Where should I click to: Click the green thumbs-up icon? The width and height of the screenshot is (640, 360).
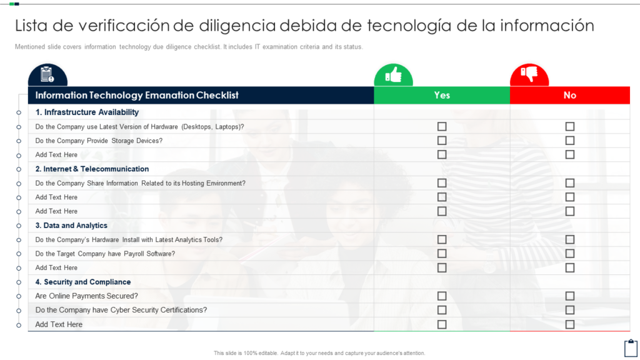coord(394,75)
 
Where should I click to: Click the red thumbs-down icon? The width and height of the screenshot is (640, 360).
coord(529,74)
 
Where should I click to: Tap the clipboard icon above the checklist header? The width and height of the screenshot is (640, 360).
coord(47,75)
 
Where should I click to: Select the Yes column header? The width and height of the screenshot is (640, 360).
coord(442,95)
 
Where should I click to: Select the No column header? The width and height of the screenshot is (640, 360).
coord(570,95)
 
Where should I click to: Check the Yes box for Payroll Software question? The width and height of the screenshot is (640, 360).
coord(442,254)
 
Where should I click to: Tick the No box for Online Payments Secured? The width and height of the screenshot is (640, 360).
coord(570,296)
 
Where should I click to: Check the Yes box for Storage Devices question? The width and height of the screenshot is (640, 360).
coord(442,141)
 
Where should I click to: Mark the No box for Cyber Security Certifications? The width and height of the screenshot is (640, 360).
coord(570,310)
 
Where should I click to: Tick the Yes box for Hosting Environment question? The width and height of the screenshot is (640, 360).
coord(442,183)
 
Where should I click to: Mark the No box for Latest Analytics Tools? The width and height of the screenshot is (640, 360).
coord(570,239)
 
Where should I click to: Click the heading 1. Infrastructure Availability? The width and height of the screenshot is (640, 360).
coord(87,112)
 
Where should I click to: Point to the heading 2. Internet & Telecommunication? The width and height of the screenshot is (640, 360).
coord(92,169)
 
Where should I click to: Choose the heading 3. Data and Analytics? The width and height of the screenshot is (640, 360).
coord(71,225)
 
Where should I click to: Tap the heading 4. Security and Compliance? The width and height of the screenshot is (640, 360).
coord(83,282)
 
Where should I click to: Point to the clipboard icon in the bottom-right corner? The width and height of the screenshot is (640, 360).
coord(631,348)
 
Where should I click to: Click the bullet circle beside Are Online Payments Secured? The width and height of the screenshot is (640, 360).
coord(19,296)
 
